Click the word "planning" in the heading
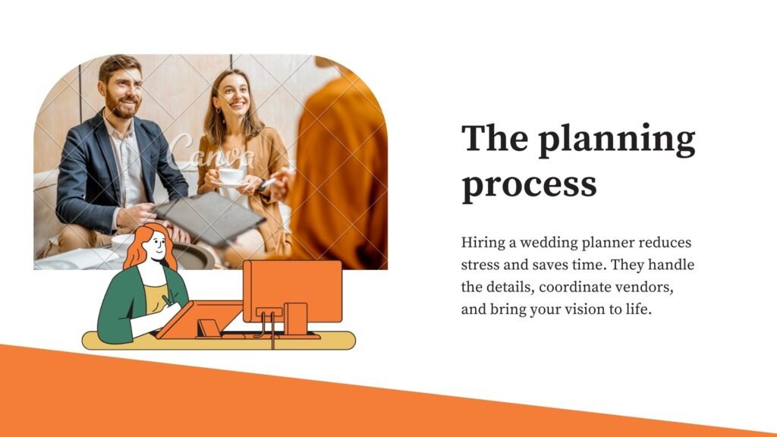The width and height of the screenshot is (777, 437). coord(617,140)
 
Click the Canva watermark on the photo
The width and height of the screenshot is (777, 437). coord(211,151)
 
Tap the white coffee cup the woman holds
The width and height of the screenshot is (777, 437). coord(231,176)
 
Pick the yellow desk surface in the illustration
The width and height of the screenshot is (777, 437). coord(219,341)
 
